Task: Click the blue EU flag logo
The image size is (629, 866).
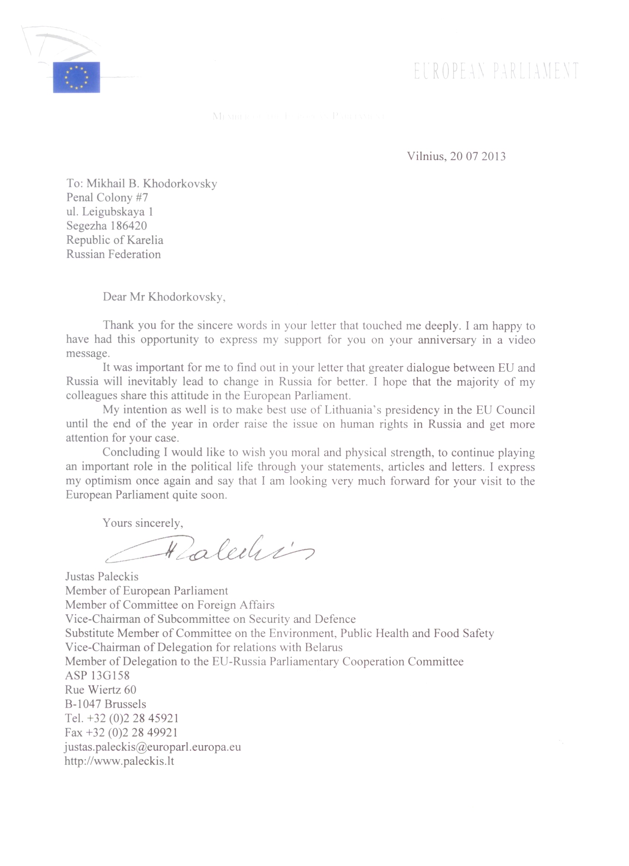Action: [76, 77]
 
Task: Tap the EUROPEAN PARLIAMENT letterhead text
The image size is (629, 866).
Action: [496, 71]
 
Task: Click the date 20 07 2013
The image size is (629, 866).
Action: [478, 156]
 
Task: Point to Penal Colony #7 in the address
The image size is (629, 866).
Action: [107, 197]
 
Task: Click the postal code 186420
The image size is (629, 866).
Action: [128, 226]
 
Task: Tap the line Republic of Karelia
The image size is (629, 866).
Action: [114, 240]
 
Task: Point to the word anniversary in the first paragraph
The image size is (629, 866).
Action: [447, 340]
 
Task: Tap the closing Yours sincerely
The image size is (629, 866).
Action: [143, 523]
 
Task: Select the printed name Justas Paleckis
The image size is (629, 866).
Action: [102, 576]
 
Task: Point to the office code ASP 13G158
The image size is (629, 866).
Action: [97, 675]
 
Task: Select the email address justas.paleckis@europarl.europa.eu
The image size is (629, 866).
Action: [153, 747]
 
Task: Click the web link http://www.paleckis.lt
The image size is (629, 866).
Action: [119, 761]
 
